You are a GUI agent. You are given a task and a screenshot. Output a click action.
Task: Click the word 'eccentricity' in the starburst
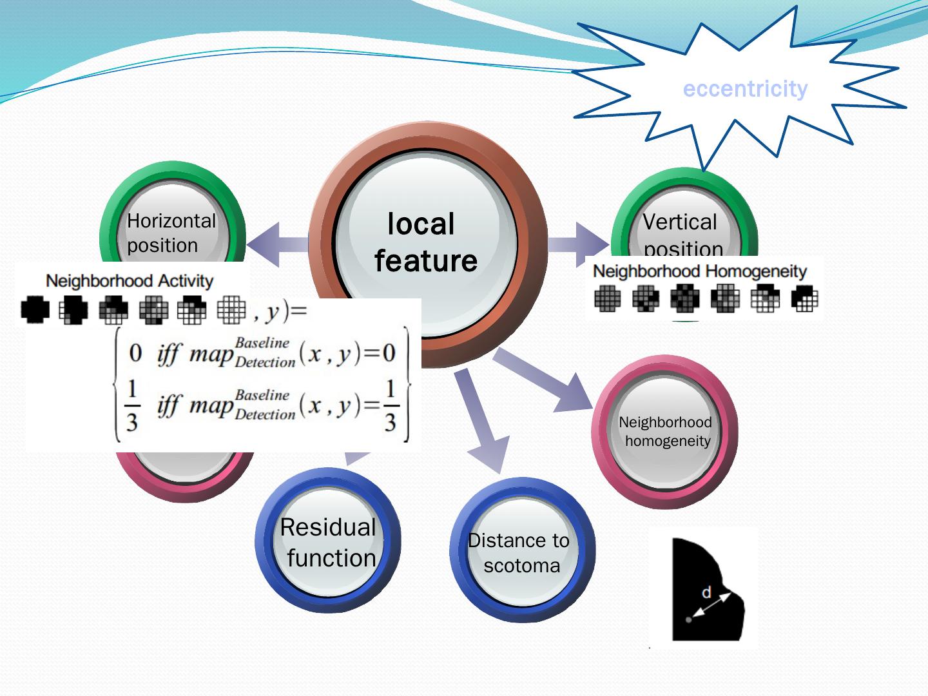[745, 88]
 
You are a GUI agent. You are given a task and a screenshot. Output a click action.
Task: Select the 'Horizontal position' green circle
[171, 232]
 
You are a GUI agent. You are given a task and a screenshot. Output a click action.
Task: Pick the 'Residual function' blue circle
[328, 542]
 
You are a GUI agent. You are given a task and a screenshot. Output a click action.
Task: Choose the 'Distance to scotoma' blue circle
[521, 552]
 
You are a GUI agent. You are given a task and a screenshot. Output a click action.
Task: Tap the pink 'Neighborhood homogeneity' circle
[665, 431]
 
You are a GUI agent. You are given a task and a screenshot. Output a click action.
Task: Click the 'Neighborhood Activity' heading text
[129, 281]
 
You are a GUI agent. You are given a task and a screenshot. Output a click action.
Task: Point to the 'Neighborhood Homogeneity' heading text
[700, 271]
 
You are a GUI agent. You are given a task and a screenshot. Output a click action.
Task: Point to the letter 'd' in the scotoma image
[707, 592]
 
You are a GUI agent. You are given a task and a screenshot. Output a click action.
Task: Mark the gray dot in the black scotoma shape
[689, 619]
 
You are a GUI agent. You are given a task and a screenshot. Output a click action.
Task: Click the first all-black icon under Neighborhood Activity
[35, 310]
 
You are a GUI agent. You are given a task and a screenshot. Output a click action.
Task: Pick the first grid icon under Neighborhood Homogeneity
[607, 299]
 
